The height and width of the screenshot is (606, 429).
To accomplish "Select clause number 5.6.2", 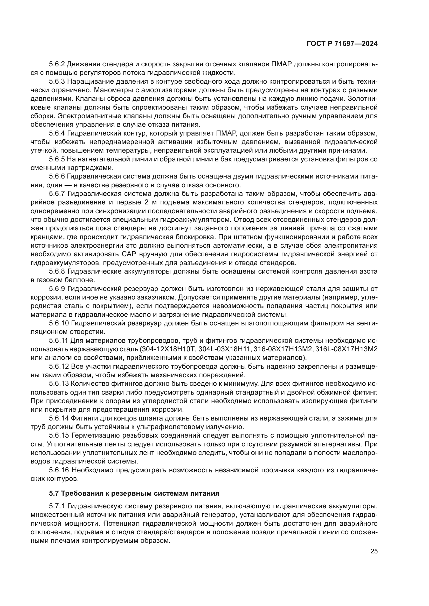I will tap(57, 64).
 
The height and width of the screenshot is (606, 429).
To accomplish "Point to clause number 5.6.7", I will tap(57, 194).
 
